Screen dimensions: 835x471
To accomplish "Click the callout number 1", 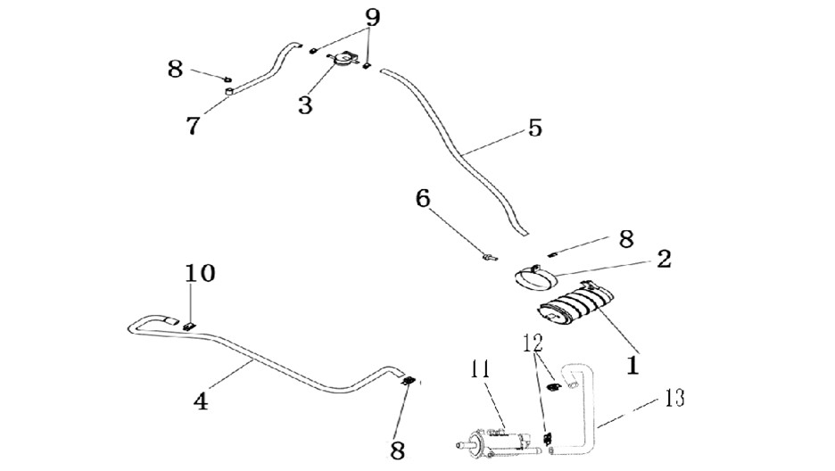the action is click(x=632, y=365).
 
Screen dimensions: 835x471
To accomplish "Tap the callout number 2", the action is click(x=664, y=260).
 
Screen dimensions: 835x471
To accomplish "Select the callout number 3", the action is click(x=305, y=105).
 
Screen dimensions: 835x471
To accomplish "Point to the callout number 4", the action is click(x=201, y=401).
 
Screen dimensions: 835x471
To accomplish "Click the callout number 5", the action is click(x=535, y=128).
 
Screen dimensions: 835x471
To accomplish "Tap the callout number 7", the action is click(x=193, y=126).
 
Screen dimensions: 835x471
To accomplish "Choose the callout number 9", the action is click(x=373, y=18).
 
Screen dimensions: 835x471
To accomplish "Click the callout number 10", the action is click(x=200, y=273).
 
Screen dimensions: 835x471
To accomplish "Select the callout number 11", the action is click(x=480, y=369).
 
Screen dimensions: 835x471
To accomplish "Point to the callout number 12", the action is click(x=533, y=343).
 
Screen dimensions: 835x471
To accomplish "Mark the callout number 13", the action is click(x=674, y=398).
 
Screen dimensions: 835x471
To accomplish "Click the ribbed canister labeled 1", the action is click(x=575, y=309).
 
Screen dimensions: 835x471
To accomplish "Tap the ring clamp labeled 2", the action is click(x=537, y=277).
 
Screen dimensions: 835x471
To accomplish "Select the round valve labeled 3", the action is click(x=343, y=59).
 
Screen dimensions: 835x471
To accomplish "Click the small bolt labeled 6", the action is click(x=490, y=258).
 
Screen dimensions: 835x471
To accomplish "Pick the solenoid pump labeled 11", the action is click(x=498, y=442).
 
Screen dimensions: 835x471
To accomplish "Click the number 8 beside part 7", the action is click(x=175, y=70).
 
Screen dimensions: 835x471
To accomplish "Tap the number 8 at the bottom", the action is click(x=398, y=451).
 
